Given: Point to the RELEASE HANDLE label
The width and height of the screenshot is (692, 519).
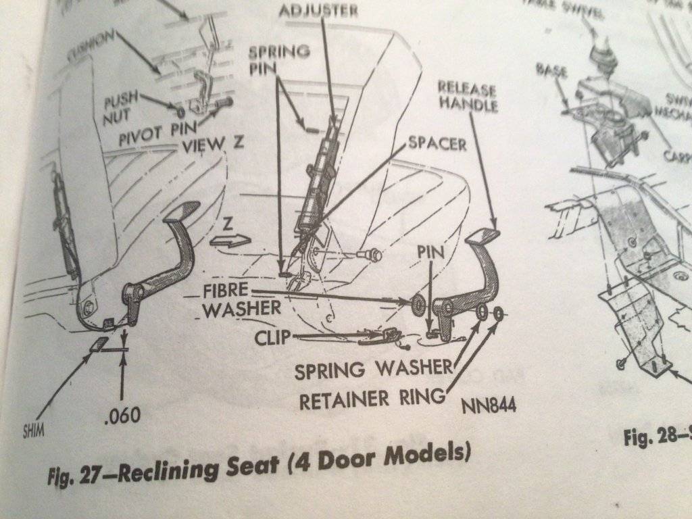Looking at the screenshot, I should point(468,97).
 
